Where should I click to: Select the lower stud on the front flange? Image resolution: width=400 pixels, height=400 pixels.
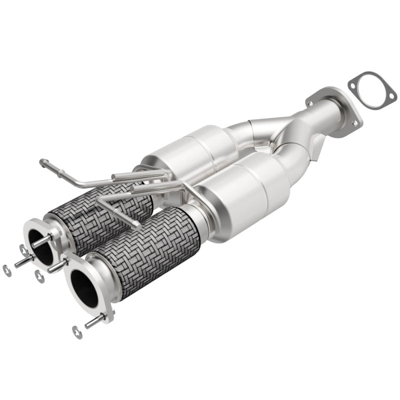click(x=95, y=321)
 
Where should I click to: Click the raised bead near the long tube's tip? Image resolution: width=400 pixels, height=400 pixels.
click(x=50, y=163)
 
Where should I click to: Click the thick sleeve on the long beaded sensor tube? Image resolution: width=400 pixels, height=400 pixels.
click(x=125, y=176)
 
